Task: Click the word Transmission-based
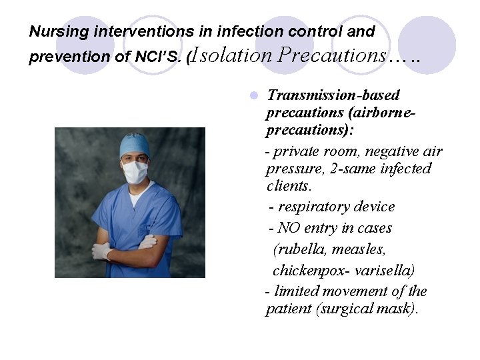click(333, 95)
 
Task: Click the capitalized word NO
click(289, 228)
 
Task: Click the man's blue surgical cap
click(134, 144)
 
